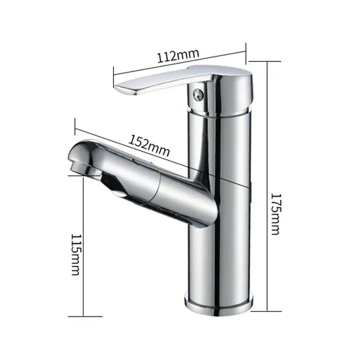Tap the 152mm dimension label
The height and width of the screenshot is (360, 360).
150,144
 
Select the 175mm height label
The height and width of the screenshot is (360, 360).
275,214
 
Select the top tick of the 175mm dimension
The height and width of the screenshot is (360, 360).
268,61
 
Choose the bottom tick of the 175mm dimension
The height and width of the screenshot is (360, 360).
268,310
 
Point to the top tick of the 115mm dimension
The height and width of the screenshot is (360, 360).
84,176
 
